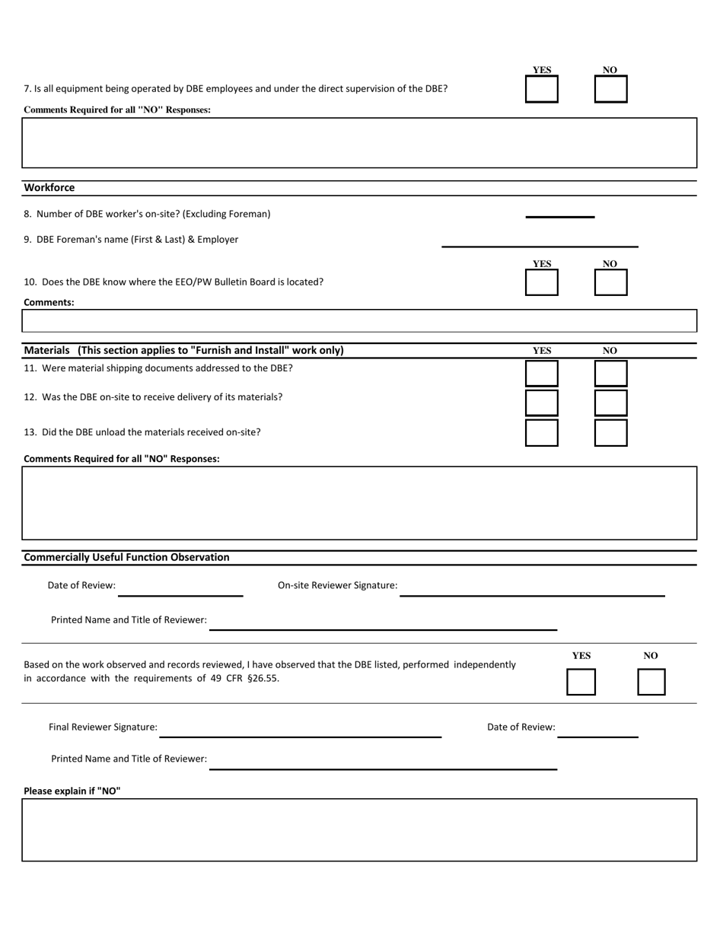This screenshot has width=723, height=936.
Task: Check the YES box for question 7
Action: click(x=541, y=89)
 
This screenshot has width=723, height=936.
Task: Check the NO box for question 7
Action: click(x=610, y=89)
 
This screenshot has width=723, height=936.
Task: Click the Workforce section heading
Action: click(x=49, y=188)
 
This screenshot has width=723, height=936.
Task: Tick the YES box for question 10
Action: click(x=541, y=282)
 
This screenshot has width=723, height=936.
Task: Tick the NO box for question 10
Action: click(x=610, y=282)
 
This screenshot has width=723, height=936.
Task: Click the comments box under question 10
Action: click(x=359, y=321)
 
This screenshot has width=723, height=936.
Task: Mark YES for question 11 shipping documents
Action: click(x=541, y=374)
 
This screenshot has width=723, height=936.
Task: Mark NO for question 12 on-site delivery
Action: click(x=610, y=403)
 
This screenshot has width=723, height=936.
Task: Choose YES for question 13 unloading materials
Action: click(x=541, y=432)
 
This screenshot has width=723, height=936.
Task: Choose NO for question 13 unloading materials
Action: click(x=610, y=432)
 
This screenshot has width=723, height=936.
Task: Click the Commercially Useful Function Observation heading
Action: click(x=126, y=558)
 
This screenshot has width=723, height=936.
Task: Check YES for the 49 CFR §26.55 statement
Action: click(x=581, y=682)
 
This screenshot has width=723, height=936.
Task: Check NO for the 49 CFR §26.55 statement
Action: click(x=651, y=682)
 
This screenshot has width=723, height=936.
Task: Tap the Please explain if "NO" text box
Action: click(x=359, y=830)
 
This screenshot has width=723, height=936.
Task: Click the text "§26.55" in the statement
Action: click(x=263, y=679)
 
